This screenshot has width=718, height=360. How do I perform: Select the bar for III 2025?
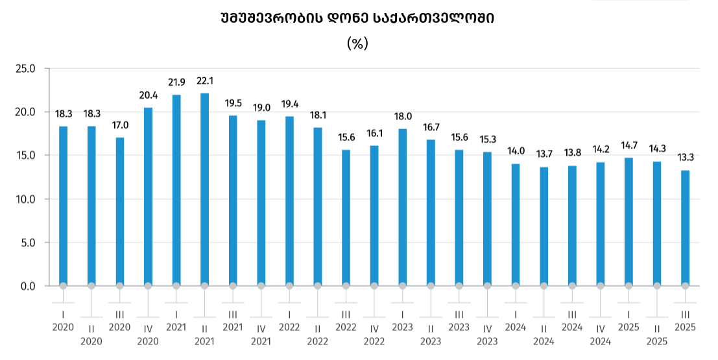(685, 228)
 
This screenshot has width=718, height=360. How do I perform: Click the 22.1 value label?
(204, 81)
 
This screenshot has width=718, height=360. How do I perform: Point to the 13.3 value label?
(685, 158)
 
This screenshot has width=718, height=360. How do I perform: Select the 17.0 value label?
(120, 125)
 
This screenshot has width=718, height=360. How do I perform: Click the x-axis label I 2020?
(64, 320)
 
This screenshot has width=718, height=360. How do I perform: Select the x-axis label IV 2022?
(374, 335)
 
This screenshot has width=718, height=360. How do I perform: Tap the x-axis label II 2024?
(544, 335)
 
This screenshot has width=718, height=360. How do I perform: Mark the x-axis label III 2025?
(685, 320)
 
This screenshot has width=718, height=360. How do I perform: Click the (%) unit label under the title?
(357, 43)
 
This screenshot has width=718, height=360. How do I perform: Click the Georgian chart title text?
(357, 19)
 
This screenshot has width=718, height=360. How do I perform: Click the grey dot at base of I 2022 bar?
(289, 285)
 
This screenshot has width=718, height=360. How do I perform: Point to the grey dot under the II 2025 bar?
(657, 285)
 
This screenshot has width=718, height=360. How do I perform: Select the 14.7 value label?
(628, 145)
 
